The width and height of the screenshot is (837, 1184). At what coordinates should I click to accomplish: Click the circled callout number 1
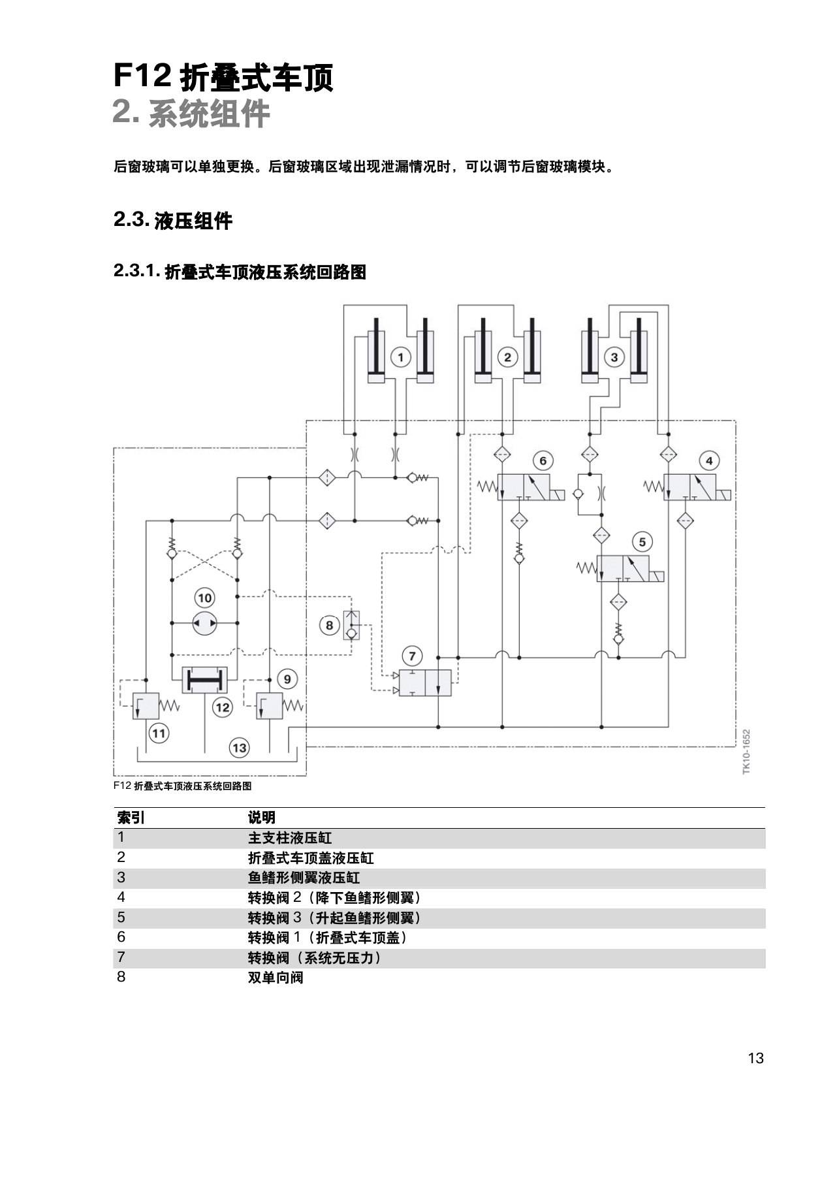pyautogui.click(x=400, y=357)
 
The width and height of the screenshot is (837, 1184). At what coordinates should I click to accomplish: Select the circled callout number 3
pyautogui.click(x=614, y=357)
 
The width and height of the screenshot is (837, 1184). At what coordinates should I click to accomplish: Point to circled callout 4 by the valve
pyautogui.click(x=709, y=460)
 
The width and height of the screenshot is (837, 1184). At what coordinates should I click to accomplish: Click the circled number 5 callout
pyautogui.click(x=642, y=541)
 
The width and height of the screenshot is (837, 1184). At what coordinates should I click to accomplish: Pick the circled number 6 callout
pyautogui.click(x=543, y=460)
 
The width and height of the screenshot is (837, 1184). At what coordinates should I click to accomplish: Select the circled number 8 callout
pyautogui.click(x=329, y=626)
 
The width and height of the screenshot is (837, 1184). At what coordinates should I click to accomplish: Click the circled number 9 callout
pyautogui.click(x=287, y=679)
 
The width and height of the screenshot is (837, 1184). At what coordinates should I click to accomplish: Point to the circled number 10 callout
pyautogui.click(x=204, y=598)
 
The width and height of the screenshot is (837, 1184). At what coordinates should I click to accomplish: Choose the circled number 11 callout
pyautogui.click(x=159, y=733)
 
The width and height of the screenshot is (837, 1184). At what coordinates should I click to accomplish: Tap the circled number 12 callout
pyautogui.click(x=223, y=707)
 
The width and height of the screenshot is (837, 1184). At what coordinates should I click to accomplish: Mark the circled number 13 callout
pyautogui.click(x=240, y=748)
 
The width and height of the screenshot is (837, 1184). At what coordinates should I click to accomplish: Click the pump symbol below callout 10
pyautogui.click(x=204, y=624)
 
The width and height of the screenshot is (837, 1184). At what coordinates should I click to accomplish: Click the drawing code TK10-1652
pyautogui.click(x=746, y=752)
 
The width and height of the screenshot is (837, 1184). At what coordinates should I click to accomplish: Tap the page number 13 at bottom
pyautogui.click(x=755, y=1058)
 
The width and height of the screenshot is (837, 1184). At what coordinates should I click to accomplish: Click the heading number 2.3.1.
pyautogui.click(x=136, y=271)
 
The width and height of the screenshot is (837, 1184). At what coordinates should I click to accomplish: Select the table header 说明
pyautogui.click(x=261, y=817)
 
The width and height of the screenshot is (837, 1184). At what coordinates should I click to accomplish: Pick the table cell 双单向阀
pyautogui.click(x=276, y=978)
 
